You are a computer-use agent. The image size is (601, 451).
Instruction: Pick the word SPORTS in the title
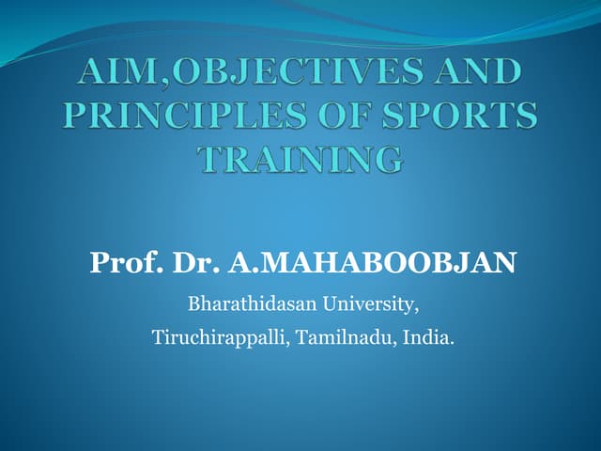(461, 117)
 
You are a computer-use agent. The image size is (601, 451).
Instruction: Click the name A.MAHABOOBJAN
(371, 263)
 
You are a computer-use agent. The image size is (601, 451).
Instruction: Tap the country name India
(427, 336)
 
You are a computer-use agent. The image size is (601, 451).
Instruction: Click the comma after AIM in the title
(151, 83)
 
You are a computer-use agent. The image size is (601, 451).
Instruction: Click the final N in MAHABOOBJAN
(503, 263)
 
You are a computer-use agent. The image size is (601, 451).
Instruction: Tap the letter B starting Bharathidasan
(194, 304)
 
